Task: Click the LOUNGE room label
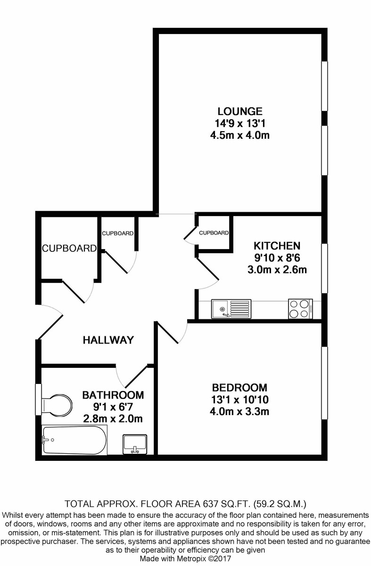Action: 240,111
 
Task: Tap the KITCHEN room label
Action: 277,246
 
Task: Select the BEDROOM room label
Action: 239,388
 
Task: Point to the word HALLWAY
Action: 108,340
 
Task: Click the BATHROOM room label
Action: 113,395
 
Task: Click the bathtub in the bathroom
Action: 74,440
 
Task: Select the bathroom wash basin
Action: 135,444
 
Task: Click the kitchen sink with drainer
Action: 231,309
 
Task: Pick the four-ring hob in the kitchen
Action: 301,309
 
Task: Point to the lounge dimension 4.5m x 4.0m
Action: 239,135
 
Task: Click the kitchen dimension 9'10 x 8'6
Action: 277,258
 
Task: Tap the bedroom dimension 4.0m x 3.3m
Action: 239,412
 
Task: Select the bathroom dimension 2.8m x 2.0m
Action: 113,419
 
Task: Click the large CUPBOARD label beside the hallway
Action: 69,249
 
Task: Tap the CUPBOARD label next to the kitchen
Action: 214,233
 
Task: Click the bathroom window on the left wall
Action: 38,400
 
